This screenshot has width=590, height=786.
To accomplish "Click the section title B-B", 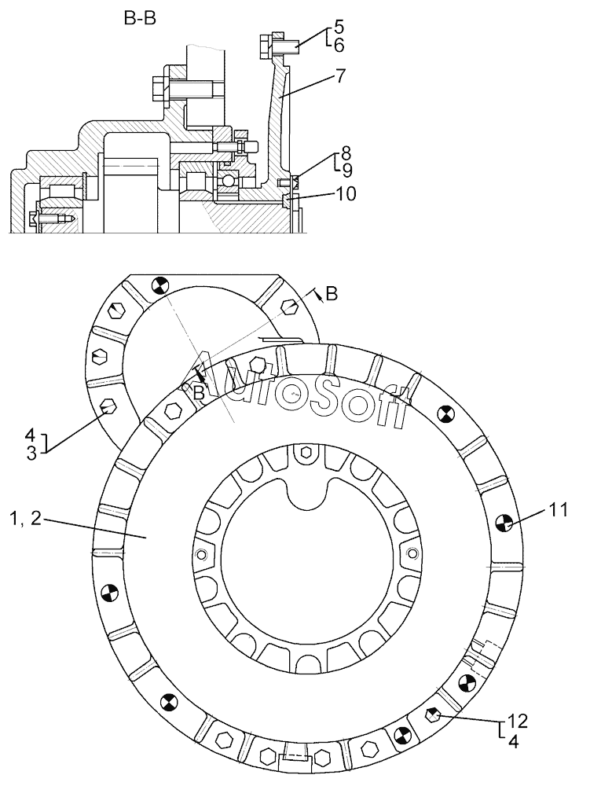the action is pyautogui.click(x=140, y=19).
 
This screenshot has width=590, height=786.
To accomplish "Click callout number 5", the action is pyautogui.click(x=339, y=27).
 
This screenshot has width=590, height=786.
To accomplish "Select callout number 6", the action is pyautogui.click(x=339, y=46).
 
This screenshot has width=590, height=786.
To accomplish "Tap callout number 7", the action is pyautogui.click(x=340, y=75).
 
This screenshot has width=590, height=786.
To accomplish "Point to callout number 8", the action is pyautogui.click(x=346, y=152).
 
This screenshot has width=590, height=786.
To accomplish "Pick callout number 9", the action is pyautogui.click(x=347, y=171).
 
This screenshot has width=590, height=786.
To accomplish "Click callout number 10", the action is pyautogui.click(x=346, y=193).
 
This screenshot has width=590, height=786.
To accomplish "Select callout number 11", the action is pyautogui.click(x=558, y=510).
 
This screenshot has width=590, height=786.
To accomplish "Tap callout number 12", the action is pyautogui.click(x=518, y=721).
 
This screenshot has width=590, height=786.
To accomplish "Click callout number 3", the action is pyautogui.click(x=31, y=454).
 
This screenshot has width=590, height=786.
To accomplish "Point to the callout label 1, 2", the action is pyautogui.click(x=26, y=519).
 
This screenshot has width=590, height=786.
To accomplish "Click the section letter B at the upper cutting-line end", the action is pyautogui.click(x=332, y=294).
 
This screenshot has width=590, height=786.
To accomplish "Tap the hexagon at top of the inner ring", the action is pyautogui.click(x=305, y=453).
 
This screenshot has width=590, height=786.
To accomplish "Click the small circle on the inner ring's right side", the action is pyautogui.click(x=412, y=553).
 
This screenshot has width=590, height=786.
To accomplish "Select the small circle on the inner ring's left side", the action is pyautogui.click(x=201, y=554).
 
